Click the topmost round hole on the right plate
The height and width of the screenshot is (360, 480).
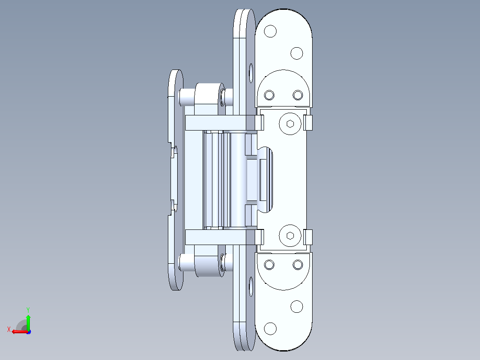click(270, 31)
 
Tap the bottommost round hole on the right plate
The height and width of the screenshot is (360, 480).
click(270, 328)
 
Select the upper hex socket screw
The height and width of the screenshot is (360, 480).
click(290, 123)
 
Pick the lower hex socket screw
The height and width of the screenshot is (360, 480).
click(290, 236)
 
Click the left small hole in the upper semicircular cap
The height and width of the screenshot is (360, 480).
click(269, 95)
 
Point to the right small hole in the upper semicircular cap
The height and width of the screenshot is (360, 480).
click(297, 95)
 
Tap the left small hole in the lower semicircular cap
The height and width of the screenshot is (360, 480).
click(269, 264)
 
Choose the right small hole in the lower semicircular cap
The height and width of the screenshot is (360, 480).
click(297, 264)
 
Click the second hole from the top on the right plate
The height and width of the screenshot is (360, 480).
click(297, 53)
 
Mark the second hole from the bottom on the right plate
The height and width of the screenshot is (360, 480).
click(297, 307)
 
